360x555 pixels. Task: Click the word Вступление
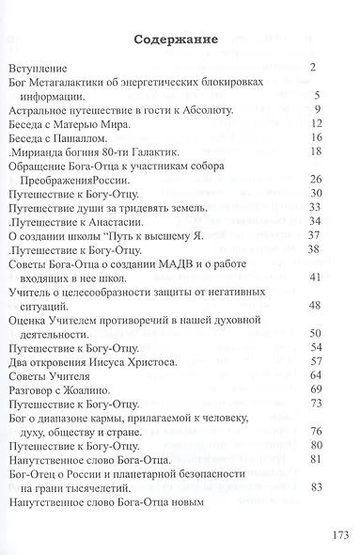pos(39,70)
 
